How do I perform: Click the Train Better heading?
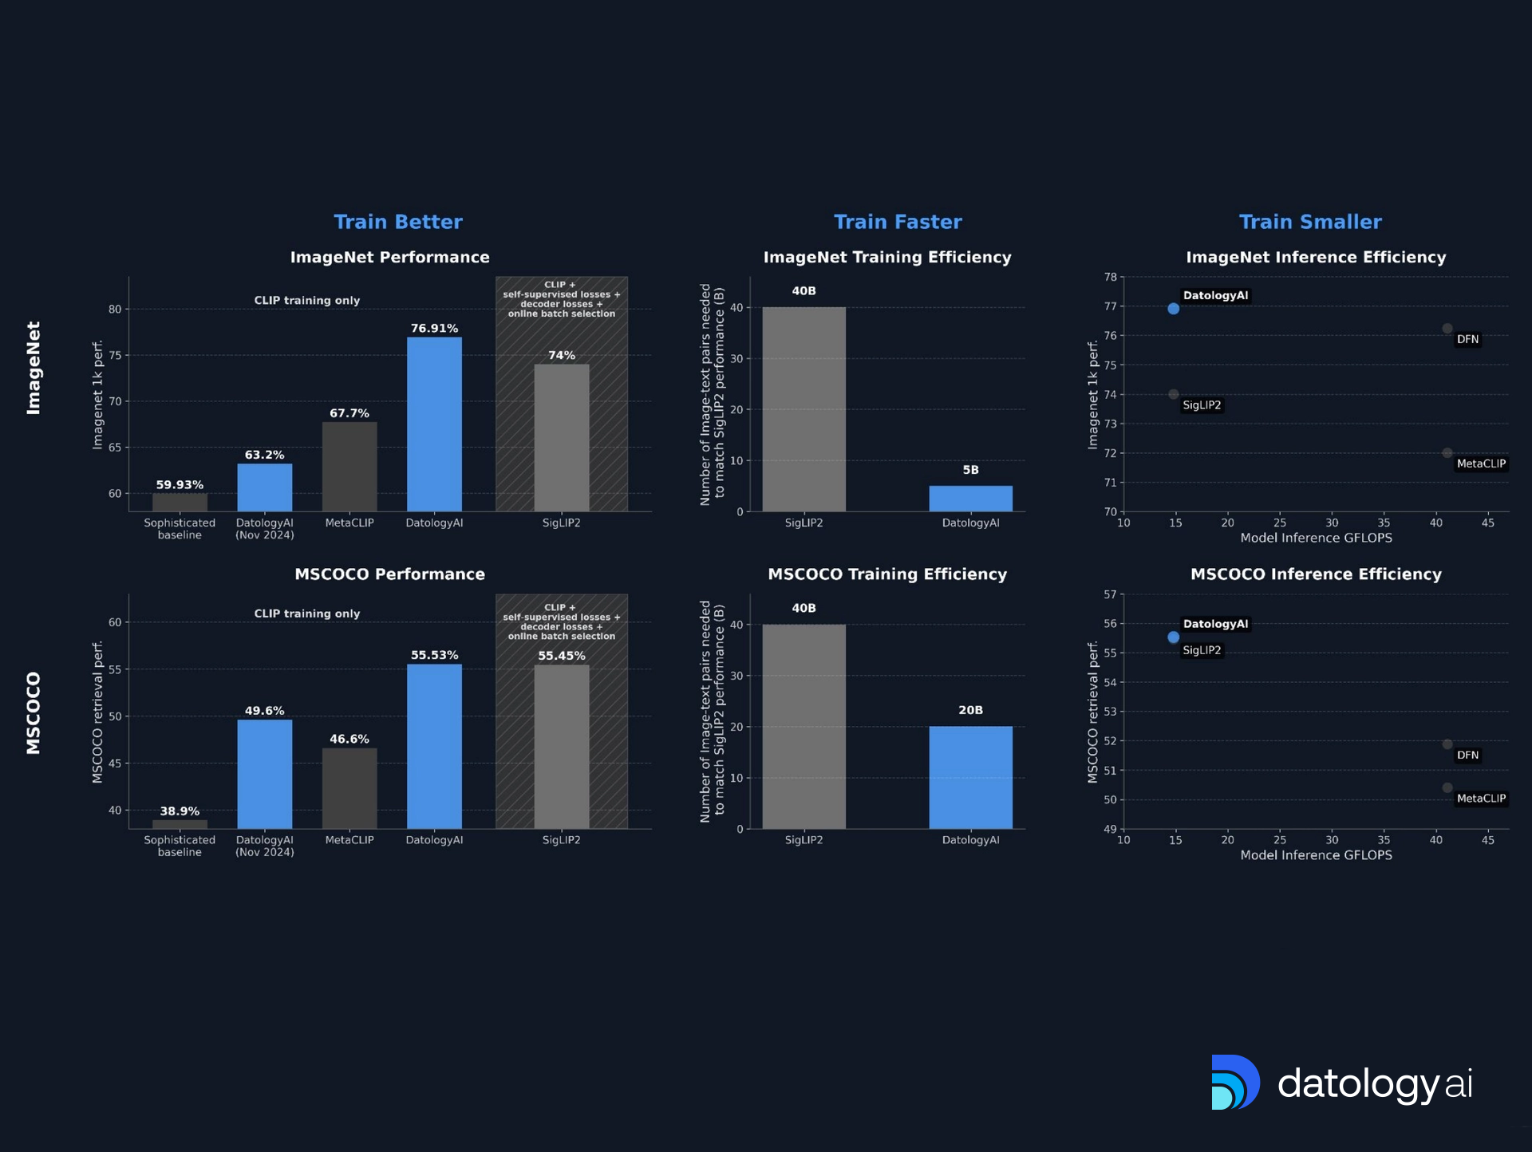click(x=397, y=222)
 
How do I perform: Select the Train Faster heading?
click(x=898, y=222)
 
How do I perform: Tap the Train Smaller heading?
click(x=1310, y=222)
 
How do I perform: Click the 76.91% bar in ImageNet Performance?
click(x=434, y=424)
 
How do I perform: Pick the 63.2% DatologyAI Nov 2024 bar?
click(x=264, y=487)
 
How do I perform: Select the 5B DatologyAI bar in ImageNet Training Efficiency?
click(x=970, y=499)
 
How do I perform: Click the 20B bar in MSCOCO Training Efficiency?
click(x=970, y=777)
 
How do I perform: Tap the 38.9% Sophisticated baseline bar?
click(x=180, y=824)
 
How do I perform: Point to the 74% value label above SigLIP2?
click(x=562, y=355)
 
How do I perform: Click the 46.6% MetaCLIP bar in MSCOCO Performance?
click(x=349, y=788)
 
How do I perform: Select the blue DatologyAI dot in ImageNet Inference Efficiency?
click(x=1173, y=309)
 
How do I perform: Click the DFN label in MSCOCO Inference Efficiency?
click(x=1467, y=755)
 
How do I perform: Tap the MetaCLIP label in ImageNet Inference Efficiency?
click(x=1481, y=464)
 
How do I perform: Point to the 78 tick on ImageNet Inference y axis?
click(x=1110, y=277)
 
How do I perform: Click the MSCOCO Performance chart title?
click(x=389, y=574)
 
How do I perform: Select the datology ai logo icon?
click(x=1234, y=1083)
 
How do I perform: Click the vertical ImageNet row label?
click(x=34, y=368)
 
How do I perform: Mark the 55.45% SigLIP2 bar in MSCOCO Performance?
click(x=562, y=747)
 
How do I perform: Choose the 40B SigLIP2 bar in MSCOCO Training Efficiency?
click(x=804, y=726)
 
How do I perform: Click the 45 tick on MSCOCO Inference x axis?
click(x=1487, y=839)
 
